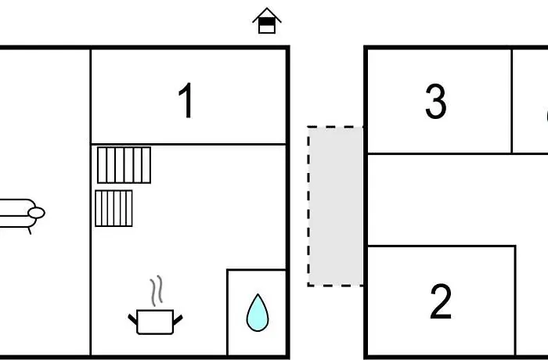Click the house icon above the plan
coord(267,21)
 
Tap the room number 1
coord(186,101)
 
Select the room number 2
coord(440,301)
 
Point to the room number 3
coord(436,102)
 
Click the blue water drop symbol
coord(258,313)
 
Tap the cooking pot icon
coord(155,322)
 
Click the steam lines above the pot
coord(157,290)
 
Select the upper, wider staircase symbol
coord(124,165)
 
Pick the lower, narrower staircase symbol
coord(114,208)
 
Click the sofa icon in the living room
coord(21,214)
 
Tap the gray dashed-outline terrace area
coord(335,206)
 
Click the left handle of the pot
coord(133,319)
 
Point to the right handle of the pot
coord(178,319)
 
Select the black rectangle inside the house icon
coord(267,21)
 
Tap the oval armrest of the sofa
coord(36,213)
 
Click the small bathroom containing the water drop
coord(257,312)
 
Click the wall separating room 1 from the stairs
coord(189,144)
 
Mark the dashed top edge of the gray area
coord(336,127)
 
